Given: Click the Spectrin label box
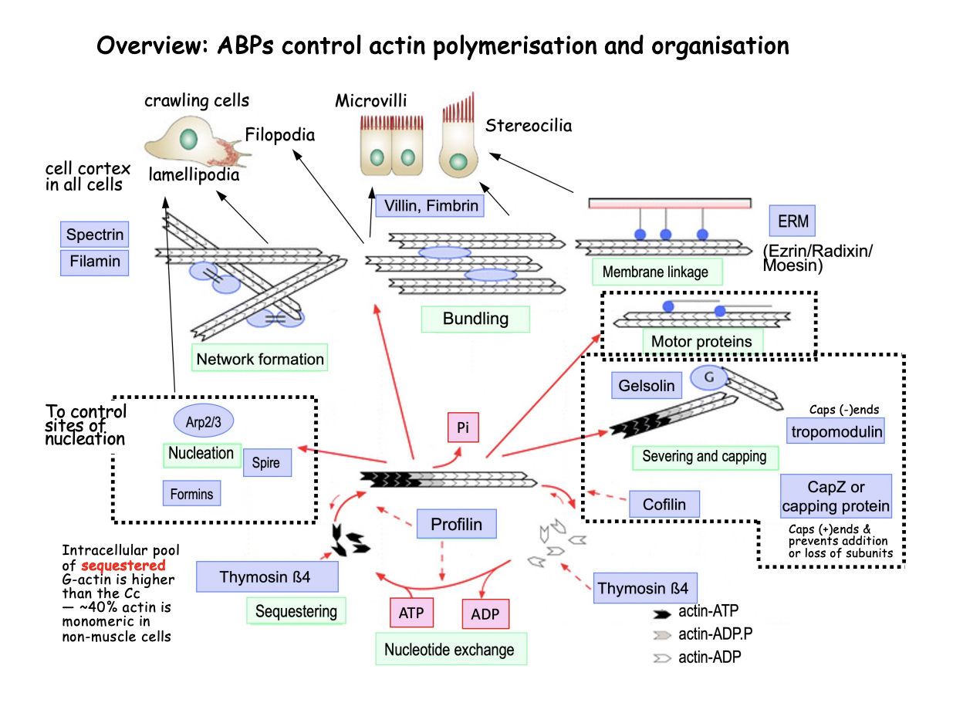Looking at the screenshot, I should click(94, 235).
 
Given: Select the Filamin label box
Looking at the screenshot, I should click(94, 262).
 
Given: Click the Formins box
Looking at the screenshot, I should click(191, 493).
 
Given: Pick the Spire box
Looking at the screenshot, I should click(266, 463).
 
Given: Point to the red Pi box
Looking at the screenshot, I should click(464, 427).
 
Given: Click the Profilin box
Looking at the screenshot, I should click(456, 525).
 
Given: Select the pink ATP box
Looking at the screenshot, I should click(411, 614).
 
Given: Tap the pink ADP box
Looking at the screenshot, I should click(485, 615).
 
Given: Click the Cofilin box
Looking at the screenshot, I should click(664, 505).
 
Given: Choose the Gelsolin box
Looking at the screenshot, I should click(647, 385).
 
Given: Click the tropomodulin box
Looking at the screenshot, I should click(836, 431).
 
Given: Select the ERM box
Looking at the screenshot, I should click(792, 222).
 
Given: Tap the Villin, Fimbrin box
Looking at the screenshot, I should click(430, 205).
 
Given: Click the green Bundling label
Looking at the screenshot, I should click(475, 319).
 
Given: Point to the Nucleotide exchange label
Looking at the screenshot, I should click(449, 649).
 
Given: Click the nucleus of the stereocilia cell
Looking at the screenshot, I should click(458, 162).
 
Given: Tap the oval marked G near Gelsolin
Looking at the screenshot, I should click(708, 377).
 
